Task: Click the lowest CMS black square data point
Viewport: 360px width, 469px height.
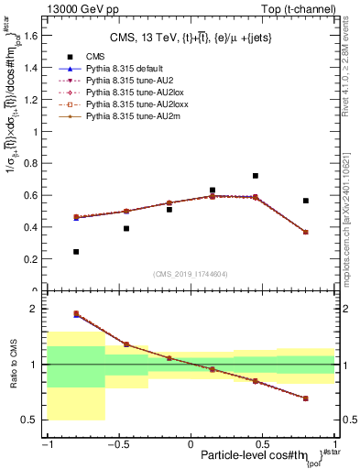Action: point(76,252)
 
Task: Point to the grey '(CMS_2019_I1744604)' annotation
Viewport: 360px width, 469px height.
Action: point(191,274)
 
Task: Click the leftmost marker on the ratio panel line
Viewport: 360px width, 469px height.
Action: point(76,313)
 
